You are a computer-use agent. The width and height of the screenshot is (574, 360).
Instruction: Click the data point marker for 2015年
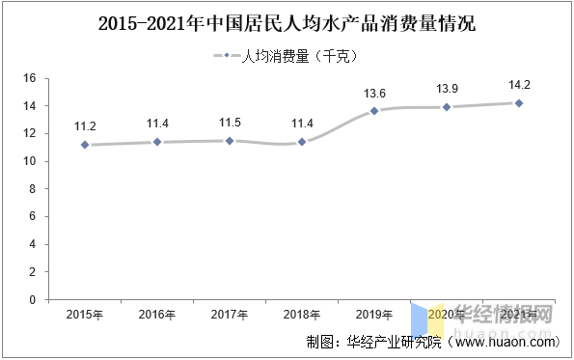click(85, 145)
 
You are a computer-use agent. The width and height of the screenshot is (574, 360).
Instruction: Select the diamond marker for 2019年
click(374, 111)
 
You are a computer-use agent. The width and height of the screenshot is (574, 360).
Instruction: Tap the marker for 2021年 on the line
click(519, 103)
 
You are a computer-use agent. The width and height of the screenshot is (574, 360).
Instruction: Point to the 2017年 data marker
click(230, 141)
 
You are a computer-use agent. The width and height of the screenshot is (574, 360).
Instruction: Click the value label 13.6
click(374, 94)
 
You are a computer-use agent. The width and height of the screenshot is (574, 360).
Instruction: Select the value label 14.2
click(519, 85)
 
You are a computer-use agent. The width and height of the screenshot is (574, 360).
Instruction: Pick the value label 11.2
click(85, 126)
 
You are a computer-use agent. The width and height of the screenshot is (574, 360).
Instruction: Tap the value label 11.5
click(230, 123)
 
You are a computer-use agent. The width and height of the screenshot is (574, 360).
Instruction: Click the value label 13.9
click(447, 89)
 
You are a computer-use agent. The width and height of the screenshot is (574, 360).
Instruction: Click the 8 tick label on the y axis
click(32, 189)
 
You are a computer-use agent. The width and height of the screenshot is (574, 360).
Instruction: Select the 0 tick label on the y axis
click(32, 300)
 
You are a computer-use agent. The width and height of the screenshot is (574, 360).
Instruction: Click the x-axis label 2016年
click(157, 315)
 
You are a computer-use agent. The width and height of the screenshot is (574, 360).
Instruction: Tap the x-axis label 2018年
click(302, 315)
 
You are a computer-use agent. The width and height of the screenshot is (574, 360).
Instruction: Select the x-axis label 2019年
click(374, 315)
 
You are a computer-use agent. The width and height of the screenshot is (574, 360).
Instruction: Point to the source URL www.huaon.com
click(505, 343)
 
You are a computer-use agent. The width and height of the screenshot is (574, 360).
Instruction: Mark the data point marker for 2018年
click(302, 142)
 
